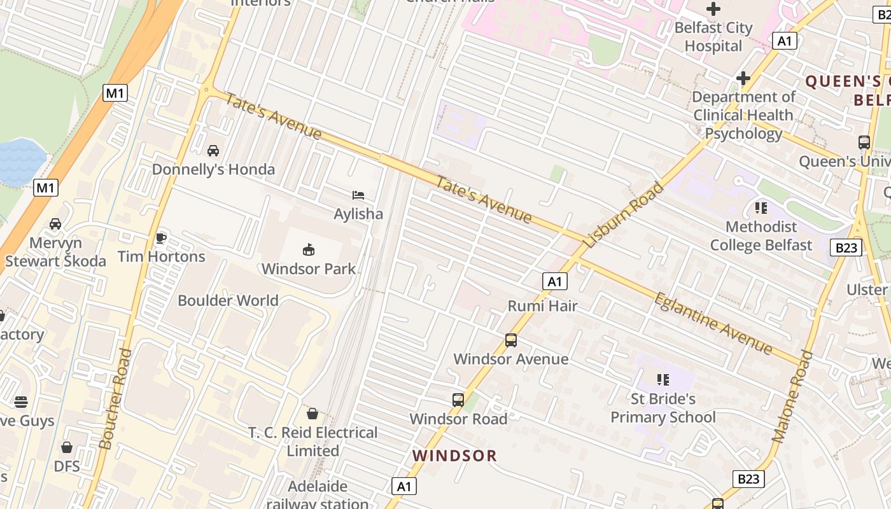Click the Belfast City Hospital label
[x=713, y=37]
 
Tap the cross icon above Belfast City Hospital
[x=713, y=9]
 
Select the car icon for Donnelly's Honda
[x=213, y=151]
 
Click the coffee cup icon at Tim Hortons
[x=161, y=238]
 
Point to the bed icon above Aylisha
[x=358, y=195]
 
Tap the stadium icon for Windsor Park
[x=309, y=249]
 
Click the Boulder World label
[x=228, y=300]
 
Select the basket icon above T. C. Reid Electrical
[x=312, y=414]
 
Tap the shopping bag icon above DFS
[x=67, y=447]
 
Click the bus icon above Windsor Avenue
[x=511, y=340]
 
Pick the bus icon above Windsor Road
[x=458, y=400]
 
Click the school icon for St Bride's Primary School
[x=663, y=380]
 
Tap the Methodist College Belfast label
[x=761, y=235]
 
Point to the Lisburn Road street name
[x=623, y=214]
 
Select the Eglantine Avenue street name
[x=713, y=323]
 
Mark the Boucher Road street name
[x=115, y=399]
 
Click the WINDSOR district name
[x=454, y=456]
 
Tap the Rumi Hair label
[x=542, y=306]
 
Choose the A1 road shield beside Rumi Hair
[x=555, y=281]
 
